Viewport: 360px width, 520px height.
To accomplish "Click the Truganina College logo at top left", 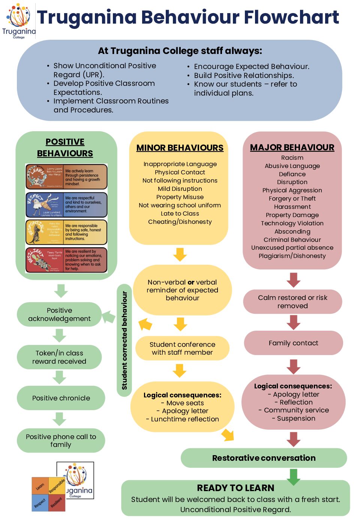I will pos(19,21).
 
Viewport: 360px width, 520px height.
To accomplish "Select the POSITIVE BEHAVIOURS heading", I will pos(65,147).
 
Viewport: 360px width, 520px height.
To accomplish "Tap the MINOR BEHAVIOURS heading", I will pos(180,148).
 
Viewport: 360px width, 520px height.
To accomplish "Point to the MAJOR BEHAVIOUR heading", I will pos(292,147).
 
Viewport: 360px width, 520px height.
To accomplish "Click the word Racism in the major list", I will pos(292,158).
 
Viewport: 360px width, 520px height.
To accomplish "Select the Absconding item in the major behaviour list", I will pos(292,232).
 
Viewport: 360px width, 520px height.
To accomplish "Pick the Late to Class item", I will pos(180,214).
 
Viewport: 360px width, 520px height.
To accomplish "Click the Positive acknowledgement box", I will pos(59,315).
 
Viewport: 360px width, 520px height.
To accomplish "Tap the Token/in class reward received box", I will pos(59,357).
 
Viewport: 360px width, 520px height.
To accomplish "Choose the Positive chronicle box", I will pos(61,398).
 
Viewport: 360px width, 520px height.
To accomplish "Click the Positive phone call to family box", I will pos(61,441).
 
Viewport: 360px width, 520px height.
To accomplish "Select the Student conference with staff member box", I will pos(182,348).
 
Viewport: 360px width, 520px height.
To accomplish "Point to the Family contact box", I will pos(293,343).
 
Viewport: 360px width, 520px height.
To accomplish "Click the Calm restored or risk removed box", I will pos(292,302).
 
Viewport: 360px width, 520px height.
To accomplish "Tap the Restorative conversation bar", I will pos(264,458).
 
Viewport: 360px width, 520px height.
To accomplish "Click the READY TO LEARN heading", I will pos(235,488).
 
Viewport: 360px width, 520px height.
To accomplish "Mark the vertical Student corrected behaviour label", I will pos(124,340).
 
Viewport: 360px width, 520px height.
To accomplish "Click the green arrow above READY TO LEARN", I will pos(293,476).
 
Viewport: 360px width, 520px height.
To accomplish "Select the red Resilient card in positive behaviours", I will pos(66,260).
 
